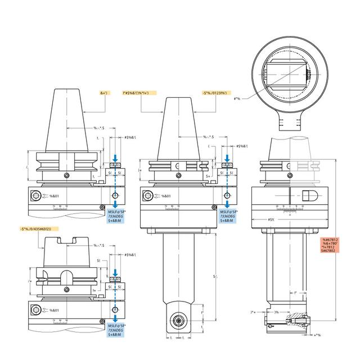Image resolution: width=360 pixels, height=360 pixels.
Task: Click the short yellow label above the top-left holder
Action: point(105,92)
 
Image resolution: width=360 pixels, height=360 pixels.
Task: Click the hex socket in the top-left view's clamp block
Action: point(37,196)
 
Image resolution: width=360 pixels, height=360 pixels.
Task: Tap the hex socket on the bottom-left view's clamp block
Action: point(37,310)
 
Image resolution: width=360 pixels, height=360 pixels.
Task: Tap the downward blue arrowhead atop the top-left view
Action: point(115,160)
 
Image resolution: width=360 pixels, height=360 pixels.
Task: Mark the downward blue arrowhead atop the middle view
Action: point(227,160)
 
